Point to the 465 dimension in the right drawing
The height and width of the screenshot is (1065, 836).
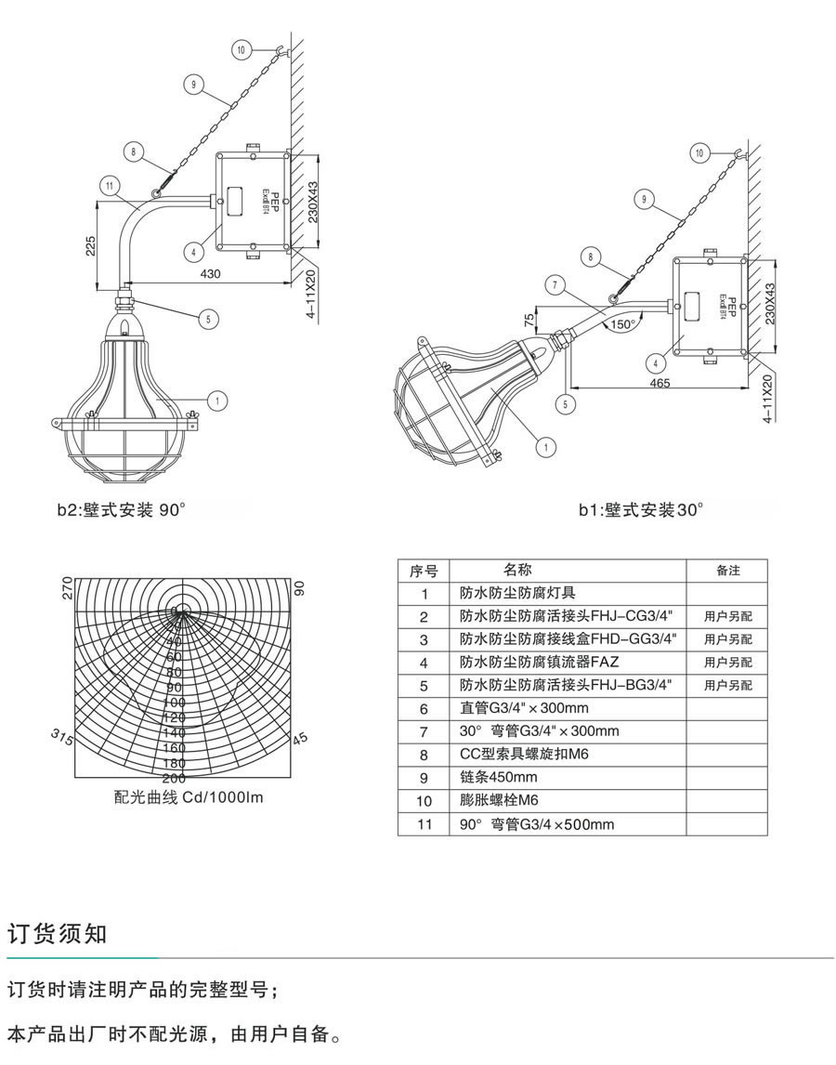click(660, 383)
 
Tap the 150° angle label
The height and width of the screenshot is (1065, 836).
click(621, 324)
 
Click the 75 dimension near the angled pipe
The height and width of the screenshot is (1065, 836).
click(529, 320)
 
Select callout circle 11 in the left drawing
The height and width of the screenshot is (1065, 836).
click(111, 186)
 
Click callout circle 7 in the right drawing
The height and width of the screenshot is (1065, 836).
click(555, 286)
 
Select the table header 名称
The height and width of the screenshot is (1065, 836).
click(517, 570)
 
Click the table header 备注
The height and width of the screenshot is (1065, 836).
click(728, 571)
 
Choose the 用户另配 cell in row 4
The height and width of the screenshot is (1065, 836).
click(728, 663)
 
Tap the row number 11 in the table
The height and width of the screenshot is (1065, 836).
click(425, 823)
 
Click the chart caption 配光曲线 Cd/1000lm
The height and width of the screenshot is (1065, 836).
click(189, 797)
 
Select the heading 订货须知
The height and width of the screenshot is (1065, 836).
click(58, 934)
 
